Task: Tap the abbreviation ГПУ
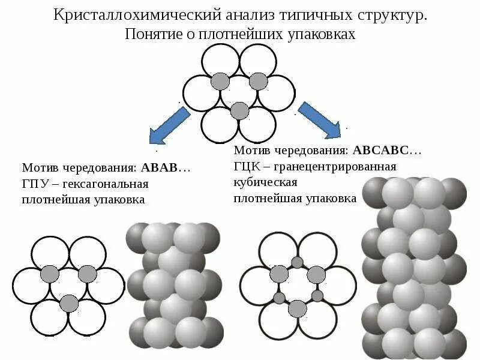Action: pyautogui.click(x=35, y=184)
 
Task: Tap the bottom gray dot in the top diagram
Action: pyautogui.click(x=239, y=110)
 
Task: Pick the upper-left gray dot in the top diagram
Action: pyautogui.click(x=221, y=81)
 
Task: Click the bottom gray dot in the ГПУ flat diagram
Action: pyautogui.click(x=69, y=304)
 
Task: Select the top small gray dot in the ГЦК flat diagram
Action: pyautogui.click(x=298, y=262)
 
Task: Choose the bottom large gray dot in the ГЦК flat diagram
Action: pyautogui.click(x=298, y=308)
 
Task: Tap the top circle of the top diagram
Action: pyautogui.click(x=239, y=60)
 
